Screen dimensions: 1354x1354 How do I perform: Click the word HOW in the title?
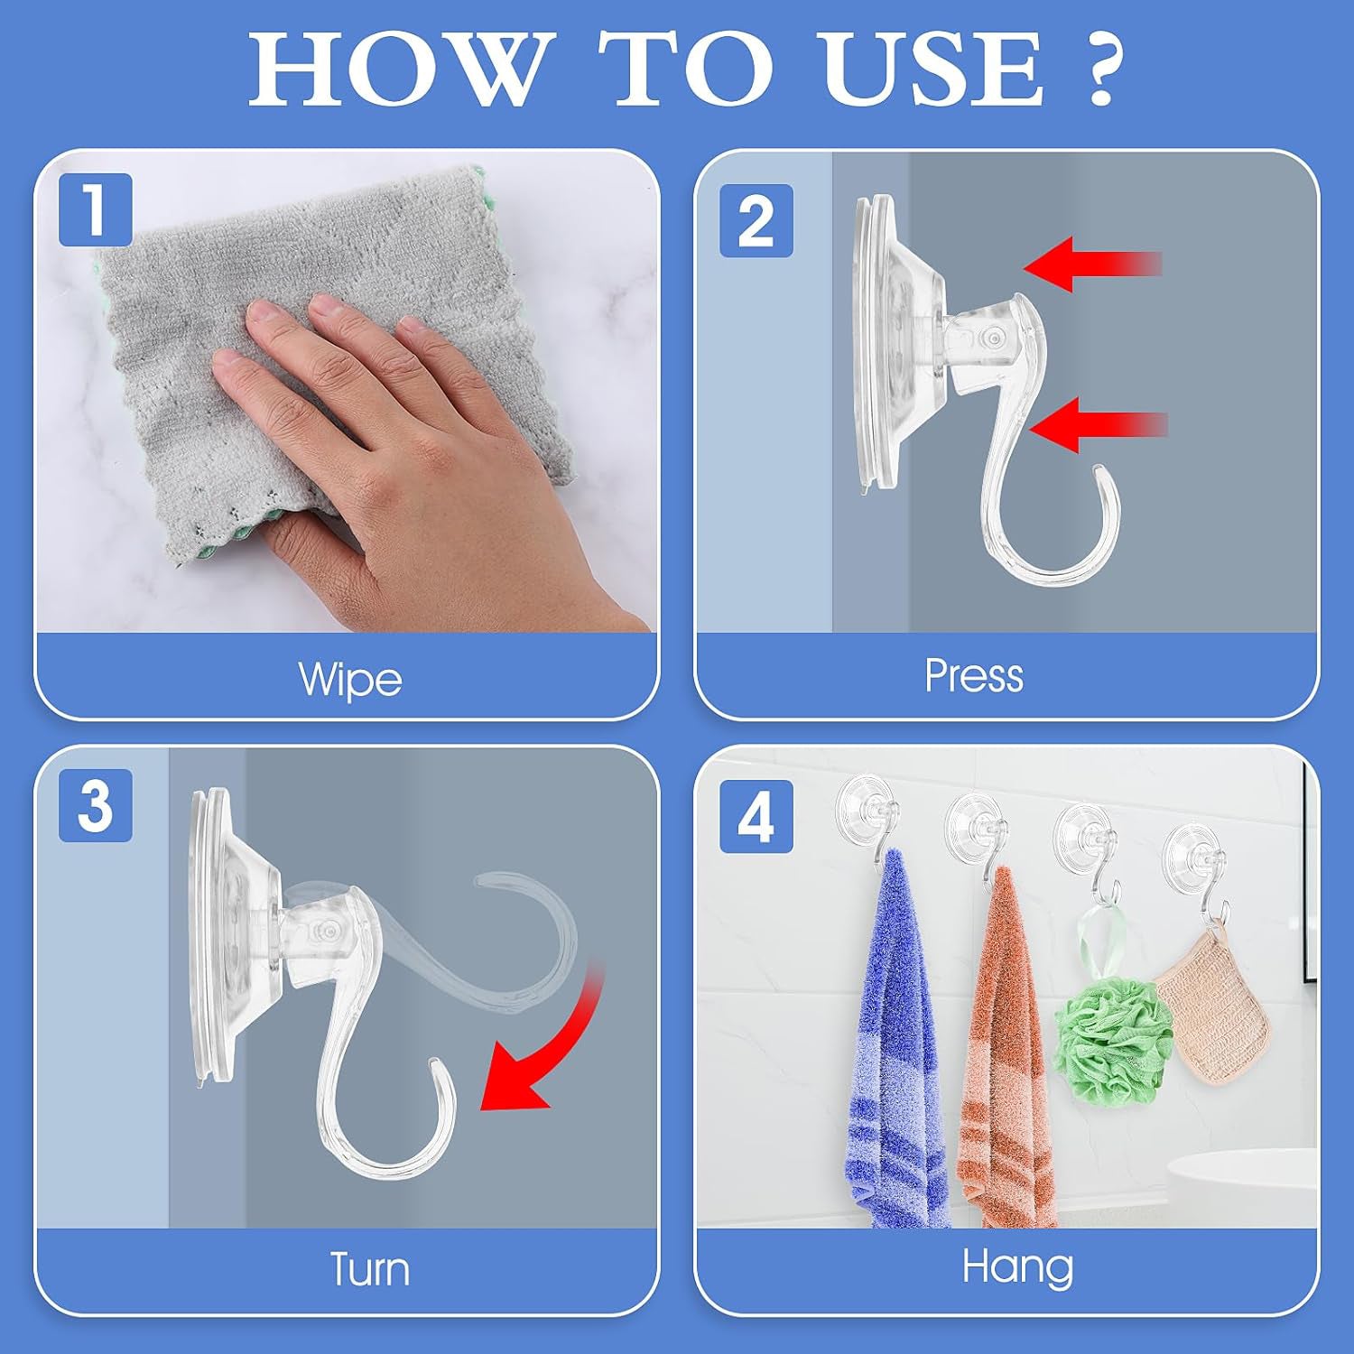click(397, 70)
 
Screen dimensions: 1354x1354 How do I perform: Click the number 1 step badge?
click(96, 209)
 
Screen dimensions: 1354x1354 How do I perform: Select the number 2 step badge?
click(756, 220)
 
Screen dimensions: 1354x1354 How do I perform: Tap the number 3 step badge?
click(96, 805)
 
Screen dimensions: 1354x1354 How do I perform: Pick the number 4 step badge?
click(756, 817)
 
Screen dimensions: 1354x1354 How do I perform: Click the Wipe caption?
click(350, 679)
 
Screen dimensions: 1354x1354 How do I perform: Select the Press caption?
click(974, 675)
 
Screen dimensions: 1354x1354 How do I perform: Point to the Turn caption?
click(369, 1269)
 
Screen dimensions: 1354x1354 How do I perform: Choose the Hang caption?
click(1017, 1266)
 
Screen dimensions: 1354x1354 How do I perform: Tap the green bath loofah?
click(1114, 1038)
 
